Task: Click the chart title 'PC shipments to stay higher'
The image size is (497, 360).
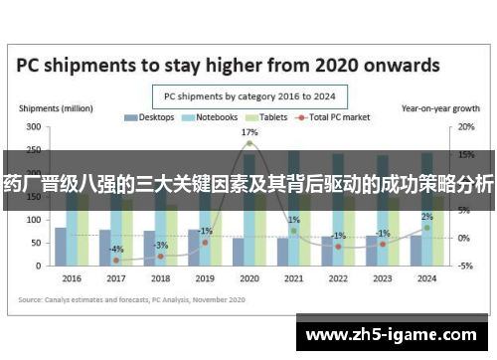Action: tap(229, 66)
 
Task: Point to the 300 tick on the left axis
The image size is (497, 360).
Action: tap(34, 127)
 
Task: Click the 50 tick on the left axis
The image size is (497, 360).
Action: tap(36, 243)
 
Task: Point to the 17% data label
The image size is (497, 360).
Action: tap(249, 131)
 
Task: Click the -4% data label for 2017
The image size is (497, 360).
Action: tap(116, 249)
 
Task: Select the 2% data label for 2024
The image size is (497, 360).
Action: tap(426, 217)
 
